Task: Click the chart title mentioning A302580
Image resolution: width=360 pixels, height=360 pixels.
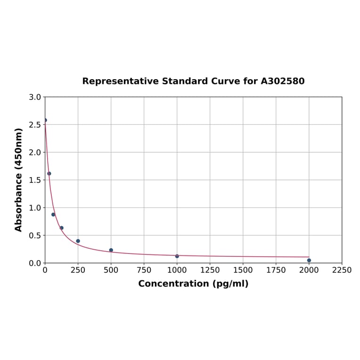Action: pos(193,81)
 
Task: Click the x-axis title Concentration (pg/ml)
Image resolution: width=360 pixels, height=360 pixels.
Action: pos(193,284)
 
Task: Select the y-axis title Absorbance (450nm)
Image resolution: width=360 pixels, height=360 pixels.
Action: pos(19,180)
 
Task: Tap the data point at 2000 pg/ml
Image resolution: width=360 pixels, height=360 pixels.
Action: pos(309,260)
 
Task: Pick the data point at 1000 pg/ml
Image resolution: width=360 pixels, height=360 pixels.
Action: pos(177,256)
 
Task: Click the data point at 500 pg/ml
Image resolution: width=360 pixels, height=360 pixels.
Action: pos(111,250)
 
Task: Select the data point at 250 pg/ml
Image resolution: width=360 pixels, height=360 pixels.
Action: pos(78,241)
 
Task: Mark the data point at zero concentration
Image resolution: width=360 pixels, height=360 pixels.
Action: pos(45,120)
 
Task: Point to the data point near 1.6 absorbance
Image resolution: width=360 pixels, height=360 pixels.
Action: pos(49,173)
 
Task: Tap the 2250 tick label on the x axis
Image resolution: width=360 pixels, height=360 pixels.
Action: pos(342,270)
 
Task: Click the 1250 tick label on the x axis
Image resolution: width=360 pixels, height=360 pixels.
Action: pos(210,270)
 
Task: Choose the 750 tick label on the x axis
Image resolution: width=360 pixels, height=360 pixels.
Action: pos(144,270)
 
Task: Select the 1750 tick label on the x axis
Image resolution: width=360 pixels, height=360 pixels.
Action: pos(276,270)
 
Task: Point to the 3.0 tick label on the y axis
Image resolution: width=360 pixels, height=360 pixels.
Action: pos(35,97)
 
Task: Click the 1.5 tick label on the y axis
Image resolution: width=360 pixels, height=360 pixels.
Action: pos(35,180)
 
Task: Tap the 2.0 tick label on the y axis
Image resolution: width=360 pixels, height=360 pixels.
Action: pos(35,152)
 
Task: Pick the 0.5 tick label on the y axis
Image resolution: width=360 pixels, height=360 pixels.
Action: pos(35,235)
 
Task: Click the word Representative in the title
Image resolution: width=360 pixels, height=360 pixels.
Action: pos(120,81)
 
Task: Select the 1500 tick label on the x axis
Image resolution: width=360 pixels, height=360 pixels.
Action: pos(243,270)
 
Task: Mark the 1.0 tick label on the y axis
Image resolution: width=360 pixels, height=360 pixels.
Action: pos(35,208)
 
